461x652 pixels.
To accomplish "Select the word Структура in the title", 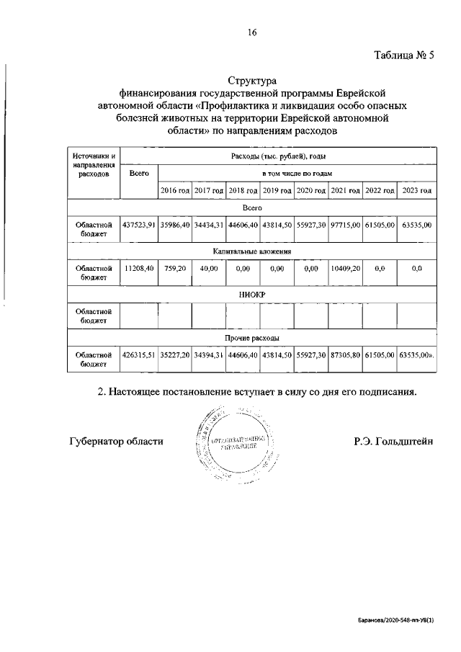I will coord(252,81).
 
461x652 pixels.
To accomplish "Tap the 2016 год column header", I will coord(174,190).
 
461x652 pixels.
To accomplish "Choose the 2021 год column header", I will coord(345,190).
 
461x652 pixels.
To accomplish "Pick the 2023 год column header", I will coord(416,190).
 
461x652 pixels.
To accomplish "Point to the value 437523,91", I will coord(139,225).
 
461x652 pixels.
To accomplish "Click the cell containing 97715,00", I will coord(345,225).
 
